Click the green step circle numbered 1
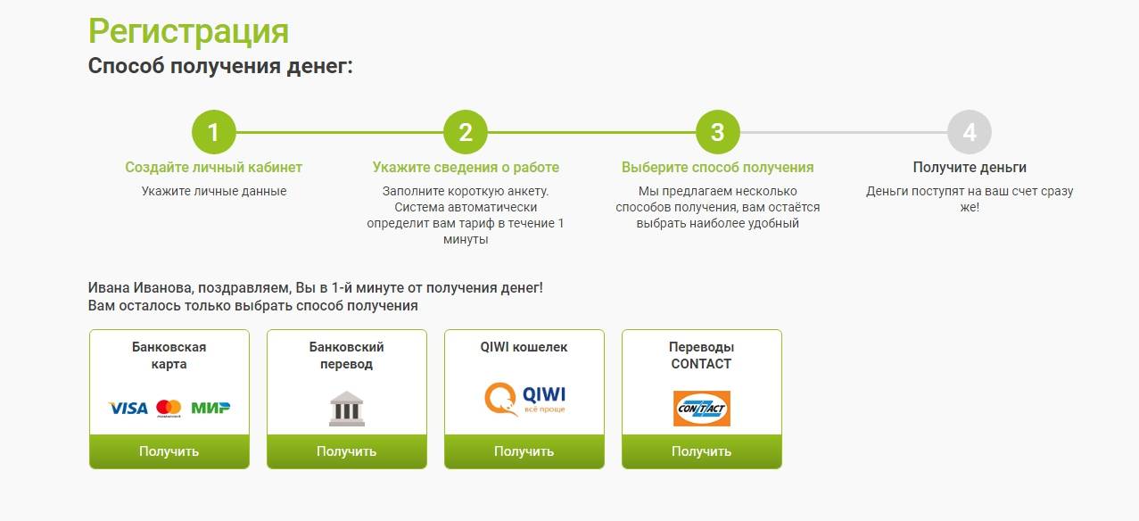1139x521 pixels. pos(213,132)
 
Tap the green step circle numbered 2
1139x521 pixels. pos(466,132)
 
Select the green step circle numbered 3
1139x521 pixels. pos(717,132)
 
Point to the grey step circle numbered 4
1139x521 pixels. pos(970,132)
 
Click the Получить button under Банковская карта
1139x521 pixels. pos(169,451)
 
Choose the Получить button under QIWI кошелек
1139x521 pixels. pos(524,451)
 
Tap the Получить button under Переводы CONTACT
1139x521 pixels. pos(702,451)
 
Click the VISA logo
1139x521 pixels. pos(128,408)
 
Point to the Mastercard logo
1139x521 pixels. pos(169,408)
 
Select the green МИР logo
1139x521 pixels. pos(210,408)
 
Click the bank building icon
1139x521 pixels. pos(347,408)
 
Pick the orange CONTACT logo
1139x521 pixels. pos(702,408)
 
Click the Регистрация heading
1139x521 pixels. pos(189,31)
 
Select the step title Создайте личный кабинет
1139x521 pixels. pos(213,167)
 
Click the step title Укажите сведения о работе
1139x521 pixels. pos(466,167)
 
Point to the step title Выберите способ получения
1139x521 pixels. pos(717,167)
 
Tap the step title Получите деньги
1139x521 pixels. pos(970,167)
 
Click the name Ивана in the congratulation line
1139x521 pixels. pos(109,287)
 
